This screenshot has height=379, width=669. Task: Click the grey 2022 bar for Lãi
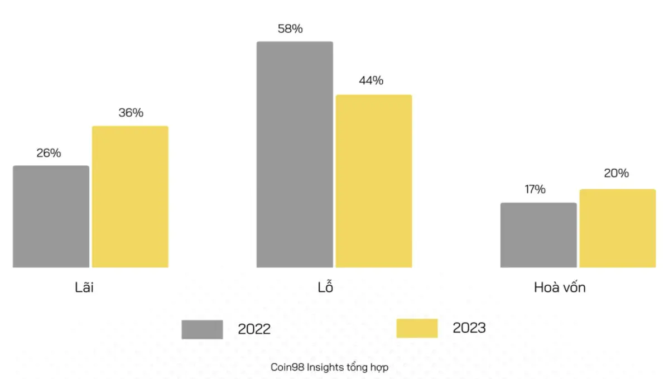click(51, 217)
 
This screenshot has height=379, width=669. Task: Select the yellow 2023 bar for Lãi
click(130, 196)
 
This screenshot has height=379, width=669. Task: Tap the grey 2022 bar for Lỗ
click(295, 155)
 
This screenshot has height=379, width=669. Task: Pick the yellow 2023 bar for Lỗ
click(374, 181)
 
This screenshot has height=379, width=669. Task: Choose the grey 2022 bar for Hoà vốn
click(538, 235)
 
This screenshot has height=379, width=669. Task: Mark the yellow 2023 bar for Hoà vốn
click(617, 228)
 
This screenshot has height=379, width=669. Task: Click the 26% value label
click(49, 153)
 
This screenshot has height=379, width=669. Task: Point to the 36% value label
click(131, 113)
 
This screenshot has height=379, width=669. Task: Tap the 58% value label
click(290, 29)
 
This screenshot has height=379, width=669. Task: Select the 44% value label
click(371, 80)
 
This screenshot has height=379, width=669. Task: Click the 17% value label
click(534, 190)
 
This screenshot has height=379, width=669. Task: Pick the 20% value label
click(616, 174)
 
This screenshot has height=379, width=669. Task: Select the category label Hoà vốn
click(560, 288)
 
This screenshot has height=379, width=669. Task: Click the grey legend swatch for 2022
click(202, 329)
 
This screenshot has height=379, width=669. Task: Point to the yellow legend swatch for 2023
click(417, 328)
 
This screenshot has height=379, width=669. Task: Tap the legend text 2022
click(254, 329)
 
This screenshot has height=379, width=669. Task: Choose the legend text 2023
click(469, 328)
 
